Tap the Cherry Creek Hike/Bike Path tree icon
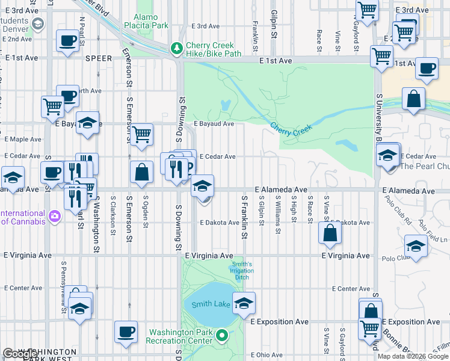176,48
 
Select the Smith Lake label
211,304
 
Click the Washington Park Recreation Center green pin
222,336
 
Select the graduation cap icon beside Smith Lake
244,303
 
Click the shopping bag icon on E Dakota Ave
330,233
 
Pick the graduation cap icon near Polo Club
415,245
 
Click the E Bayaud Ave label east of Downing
214,123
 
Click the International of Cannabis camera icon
55,215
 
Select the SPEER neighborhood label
99,59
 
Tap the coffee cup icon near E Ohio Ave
126,332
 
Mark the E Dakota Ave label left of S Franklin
220,223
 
